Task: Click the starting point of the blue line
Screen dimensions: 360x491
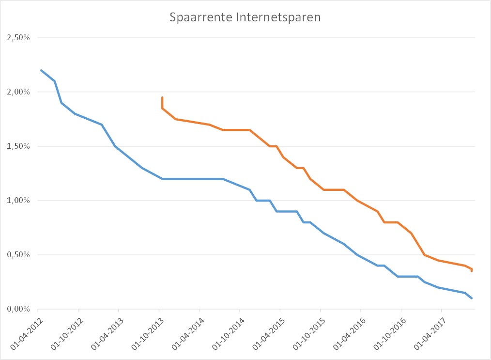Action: click(41, 70)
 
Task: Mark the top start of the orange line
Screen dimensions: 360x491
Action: click(162, 97)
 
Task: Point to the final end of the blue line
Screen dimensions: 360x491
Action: click(472, 298)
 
